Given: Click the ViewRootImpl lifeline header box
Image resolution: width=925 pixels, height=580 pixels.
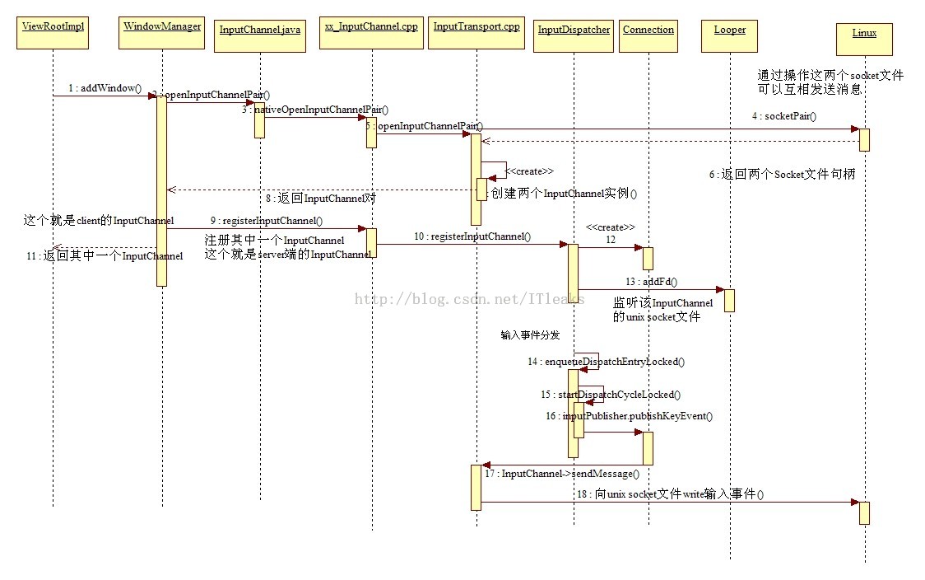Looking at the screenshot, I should point(53,32).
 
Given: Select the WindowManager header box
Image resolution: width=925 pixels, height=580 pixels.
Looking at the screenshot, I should point(162,32).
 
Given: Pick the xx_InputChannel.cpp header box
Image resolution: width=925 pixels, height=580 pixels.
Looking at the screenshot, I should point(371,32).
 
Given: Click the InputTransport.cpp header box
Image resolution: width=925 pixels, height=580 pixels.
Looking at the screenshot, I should point(476,32).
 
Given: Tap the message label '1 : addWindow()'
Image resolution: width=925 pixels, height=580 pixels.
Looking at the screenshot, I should point(105,88).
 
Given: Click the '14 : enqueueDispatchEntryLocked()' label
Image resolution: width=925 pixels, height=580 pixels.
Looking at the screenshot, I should point(607,362).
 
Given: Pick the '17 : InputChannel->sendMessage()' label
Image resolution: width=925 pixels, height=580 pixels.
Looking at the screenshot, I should point(561,474).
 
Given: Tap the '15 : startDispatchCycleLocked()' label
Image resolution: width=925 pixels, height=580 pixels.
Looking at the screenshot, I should point(611,395).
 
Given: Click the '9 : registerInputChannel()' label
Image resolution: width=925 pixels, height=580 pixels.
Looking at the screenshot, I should point(266,221).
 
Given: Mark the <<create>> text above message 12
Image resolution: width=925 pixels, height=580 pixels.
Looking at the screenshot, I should point(611,227).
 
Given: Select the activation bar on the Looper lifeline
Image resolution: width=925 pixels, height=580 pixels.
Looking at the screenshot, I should point(729,300).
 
